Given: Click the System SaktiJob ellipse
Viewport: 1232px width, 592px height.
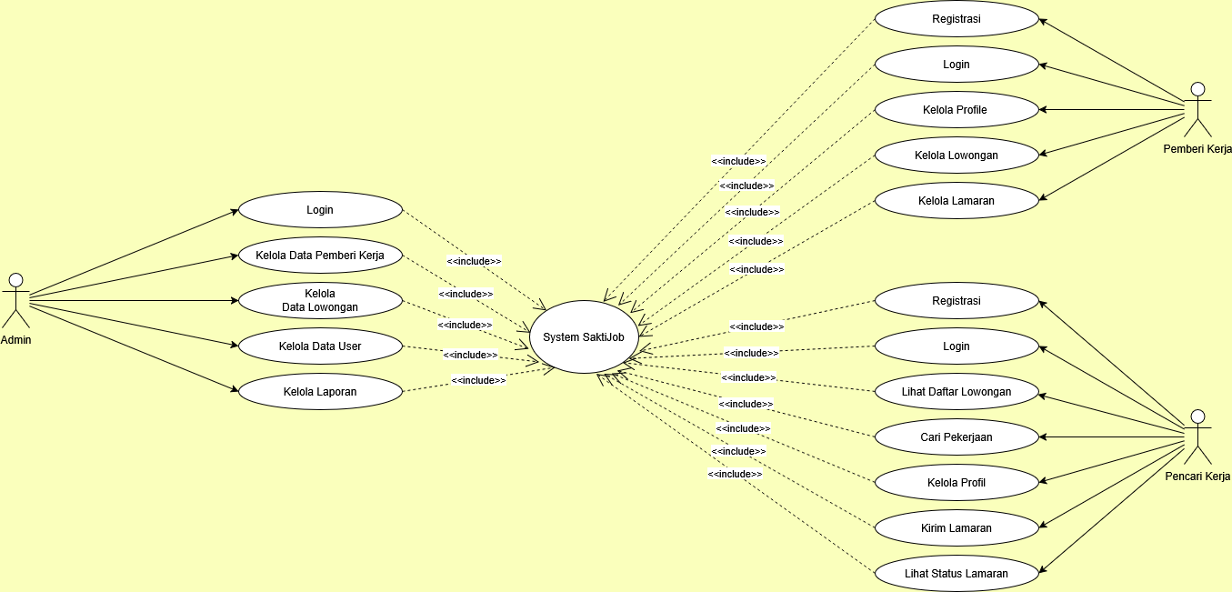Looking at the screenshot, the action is click(584, 336).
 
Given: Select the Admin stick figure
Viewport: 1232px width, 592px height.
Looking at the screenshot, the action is click(16, 300).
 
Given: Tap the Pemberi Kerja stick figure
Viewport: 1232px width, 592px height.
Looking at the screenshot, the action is click(1197, 109).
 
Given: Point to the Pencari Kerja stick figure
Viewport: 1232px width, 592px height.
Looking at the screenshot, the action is click(1197, 436).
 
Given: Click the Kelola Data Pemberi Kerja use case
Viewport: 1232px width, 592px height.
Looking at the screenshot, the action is click(320, 256).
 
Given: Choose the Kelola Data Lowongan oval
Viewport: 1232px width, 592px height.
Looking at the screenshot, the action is click(320, 300).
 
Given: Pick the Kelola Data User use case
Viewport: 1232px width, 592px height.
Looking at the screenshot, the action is click(320, 346).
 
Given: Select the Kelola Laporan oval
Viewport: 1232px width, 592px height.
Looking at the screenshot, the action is click(320, 392).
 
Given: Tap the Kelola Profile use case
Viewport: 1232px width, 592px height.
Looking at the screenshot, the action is click(957, 109).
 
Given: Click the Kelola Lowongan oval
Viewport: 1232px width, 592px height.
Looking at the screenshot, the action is click(957, 156).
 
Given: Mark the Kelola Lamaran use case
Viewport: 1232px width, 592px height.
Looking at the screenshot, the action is click(957, 201).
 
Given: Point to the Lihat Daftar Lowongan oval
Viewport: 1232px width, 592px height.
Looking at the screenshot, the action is click(957, 392).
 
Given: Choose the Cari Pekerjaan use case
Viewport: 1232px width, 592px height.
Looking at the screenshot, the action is click(957, 436).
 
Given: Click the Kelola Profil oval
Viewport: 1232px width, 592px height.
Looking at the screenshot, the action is click(957, 483).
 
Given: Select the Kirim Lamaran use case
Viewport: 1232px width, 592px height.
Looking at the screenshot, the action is click(957, 528).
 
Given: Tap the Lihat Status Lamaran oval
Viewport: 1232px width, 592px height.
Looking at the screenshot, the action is click(957, 573).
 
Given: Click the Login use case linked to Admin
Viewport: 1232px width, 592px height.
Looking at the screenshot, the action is click(320, 210).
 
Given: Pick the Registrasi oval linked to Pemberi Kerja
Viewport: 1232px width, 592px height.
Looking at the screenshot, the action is click(957, 19).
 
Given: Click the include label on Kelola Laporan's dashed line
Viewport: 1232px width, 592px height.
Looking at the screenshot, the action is click(478, 380).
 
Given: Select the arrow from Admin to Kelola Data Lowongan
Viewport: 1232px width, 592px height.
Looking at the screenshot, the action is click(134, 301).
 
